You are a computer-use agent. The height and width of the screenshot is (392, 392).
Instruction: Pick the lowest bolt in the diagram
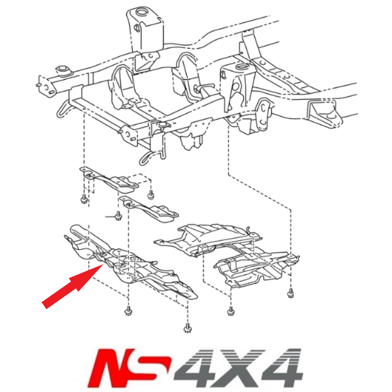coord(187,328)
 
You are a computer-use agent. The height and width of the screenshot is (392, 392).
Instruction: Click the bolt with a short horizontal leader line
coord(118,217)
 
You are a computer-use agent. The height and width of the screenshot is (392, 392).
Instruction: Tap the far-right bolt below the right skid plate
coord(290,293)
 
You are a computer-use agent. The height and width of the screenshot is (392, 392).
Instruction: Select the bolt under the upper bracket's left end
coord(84,199)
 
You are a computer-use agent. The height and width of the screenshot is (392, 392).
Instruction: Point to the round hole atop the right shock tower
coord(241,66)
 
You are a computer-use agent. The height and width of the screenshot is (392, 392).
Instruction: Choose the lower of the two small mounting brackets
coord(149,209)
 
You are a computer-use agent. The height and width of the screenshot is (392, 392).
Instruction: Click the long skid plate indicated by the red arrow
coord(133,264)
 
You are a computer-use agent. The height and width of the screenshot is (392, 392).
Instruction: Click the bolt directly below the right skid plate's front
coord(230,311)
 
